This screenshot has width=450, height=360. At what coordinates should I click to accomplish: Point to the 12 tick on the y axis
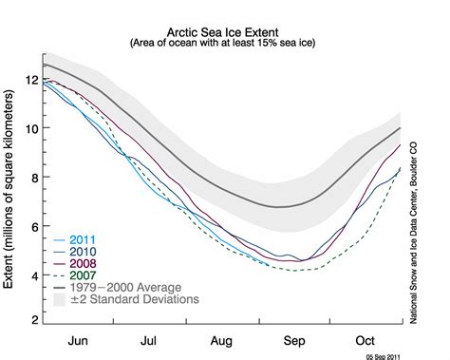32,79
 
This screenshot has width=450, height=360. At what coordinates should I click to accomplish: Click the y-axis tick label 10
32,128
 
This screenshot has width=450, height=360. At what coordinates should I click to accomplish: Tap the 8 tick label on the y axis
35,178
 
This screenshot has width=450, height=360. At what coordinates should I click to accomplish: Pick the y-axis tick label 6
35,227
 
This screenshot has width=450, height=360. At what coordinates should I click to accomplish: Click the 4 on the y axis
35,276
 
